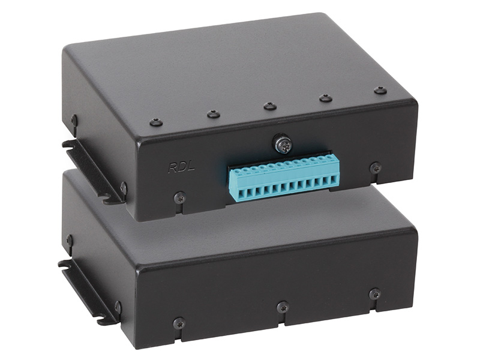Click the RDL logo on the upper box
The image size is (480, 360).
click(181, 168)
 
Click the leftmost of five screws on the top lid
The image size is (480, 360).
click(156, 122)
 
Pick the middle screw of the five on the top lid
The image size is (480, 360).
click(270, 106)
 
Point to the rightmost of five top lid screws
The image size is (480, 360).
click(380, 91)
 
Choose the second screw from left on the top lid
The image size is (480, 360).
click(214, 115)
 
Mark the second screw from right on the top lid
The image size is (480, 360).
click(326, 98)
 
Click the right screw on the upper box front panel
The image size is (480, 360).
click(376, 168)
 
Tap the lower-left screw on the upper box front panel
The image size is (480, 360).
click(179, 198)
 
